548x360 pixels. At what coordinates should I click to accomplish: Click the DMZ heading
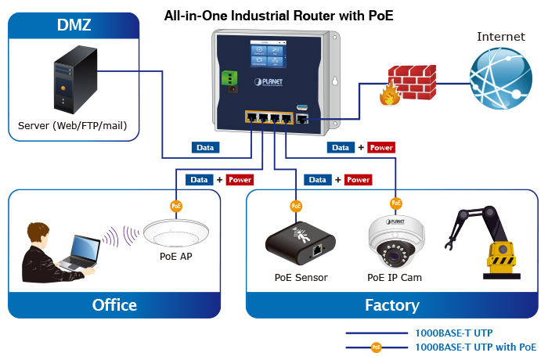click(x=74, y=25)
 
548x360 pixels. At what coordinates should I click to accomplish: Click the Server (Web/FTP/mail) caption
click(x=73, y=125)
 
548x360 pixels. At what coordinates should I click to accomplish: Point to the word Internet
click(x=500, y=37)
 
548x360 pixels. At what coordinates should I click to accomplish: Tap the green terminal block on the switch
click(x=230, y=79)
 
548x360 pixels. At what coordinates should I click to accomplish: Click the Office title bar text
click(x=114, y=305)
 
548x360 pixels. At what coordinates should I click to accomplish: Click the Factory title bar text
click(x=391, y=305)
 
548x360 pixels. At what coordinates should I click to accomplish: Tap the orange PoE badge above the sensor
click(x=296, y=207)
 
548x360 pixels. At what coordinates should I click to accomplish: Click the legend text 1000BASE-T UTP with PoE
click(x=475, y=347)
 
